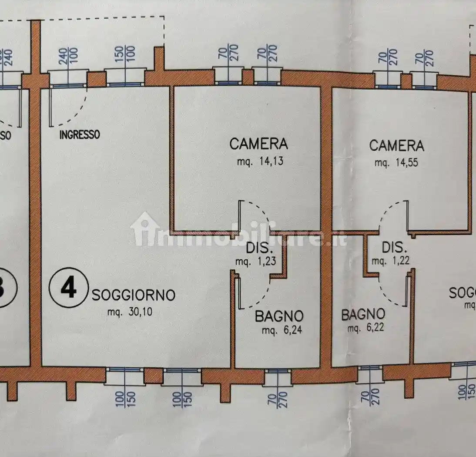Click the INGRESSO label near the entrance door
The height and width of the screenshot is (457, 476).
click(80, 134)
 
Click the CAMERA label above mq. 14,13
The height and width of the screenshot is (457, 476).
click(258, 144)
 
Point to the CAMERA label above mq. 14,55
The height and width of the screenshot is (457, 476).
click(396, 145)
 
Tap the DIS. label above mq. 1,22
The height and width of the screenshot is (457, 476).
click(395, 248)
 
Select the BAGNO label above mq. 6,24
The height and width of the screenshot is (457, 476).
click(279, 316)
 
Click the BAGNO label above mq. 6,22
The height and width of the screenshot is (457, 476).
click(363, 314)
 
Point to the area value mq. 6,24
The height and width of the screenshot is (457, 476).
click(282, 330)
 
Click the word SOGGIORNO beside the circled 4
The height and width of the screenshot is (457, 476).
click(134, 296)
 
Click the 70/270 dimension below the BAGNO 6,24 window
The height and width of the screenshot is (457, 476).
click(277, 399)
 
